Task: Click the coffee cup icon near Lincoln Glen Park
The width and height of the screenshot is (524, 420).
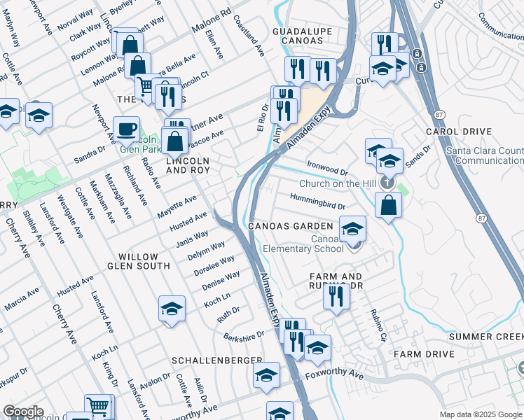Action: [126, 129]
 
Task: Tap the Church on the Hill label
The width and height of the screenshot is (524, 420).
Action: [338, 184]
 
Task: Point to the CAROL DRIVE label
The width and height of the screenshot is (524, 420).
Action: [459, 132]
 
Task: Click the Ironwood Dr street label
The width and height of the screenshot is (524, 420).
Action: [327, 168]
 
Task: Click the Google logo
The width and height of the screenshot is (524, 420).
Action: [22, 412]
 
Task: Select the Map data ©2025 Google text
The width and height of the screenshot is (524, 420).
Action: [480, 414]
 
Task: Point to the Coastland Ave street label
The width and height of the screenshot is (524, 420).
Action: [249, 36]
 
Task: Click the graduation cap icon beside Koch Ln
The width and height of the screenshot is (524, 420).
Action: [172, 309]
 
